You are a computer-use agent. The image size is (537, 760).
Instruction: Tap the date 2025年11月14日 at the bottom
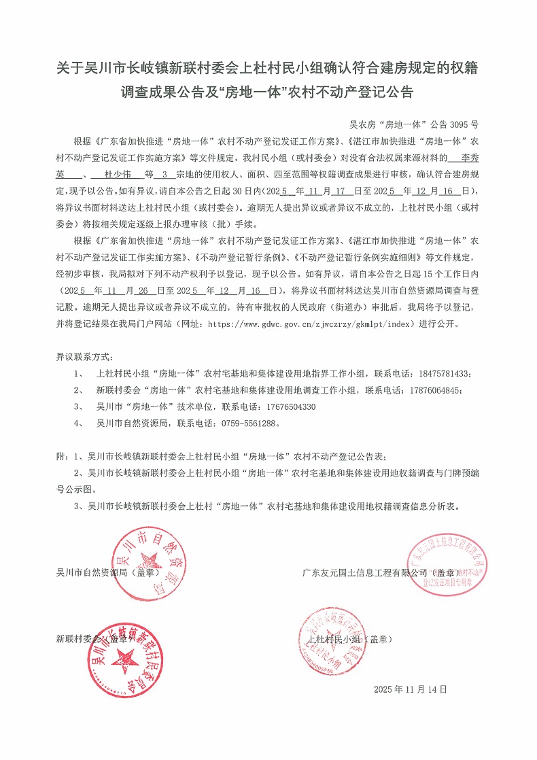click(x=411, y=689)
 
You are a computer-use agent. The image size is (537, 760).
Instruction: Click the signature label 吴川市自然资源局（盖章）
click(x=105, y=572)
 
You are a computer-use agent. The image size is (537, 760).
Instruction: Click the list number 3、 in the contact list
click(x=79, y=407)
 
